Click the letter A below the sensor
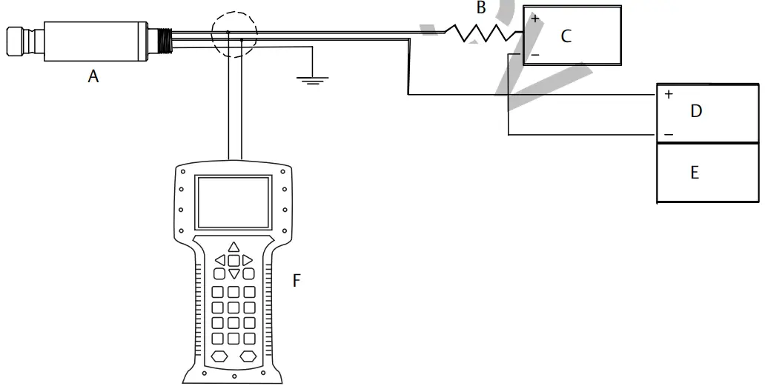click(x=93, y=75)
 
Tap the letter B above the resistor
click(x=481, y=9)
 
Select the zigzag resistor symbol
click(x=482, y=33)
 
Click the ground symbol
click(x=314, y=79)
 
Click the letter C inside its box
click(x=566, y=36)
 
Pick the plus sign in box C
click(x=535, y=19)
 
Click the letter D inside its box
click(x=695, y=111)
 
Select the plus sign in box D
click(x=669, y=95)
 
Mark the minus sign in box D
click(x=669, y=135)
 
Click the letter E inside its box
click(x=695, y=173)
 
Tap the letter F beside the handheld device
click(x=297, y=281)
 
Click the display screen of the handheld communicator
click(x=232, y=201)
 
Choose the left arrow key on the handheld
click(x=220, y=260)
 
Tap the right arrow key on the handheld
click(x=248, y=260)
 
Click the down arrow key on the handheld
click(x=234, y=274)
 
